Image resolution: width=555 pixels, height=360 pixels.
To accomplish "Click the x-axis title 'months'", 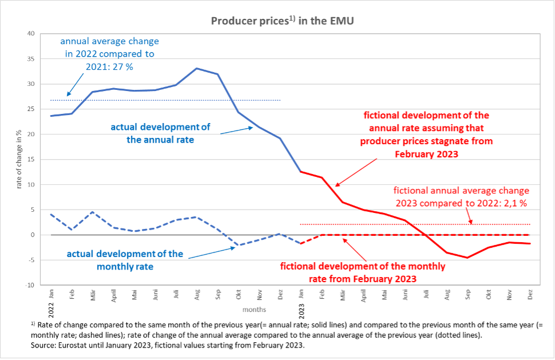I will click(x=253, y=309).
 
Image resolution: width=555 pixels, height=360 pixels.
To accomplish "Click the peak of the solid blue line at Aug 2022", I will click(x=197, y=69).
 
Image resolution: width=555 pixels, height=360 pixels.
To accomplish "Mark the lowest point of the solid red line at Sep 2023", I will click(x=467, y=258).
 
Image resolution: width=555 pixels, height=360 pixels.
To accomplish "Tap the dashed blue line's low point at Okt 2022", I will click(x=239, y=245).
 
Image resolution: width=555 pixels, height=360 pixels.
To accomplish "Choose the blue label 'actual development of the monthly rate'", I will click(x=125, y=259).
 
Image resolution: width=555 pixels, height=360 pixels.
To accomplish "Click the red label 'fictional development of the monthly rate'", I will click(x=362, y=272).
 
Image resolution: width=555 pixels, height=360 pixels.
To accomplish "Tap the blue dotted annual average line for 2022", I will click(x=172, y=100).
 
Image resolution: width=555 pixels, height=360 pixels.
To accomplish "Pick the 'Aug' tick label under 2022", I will click(x=197, y=295).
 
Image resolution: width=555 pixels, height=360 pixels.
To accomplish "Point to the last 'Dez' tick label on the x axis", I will click(x=530, y=295).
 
